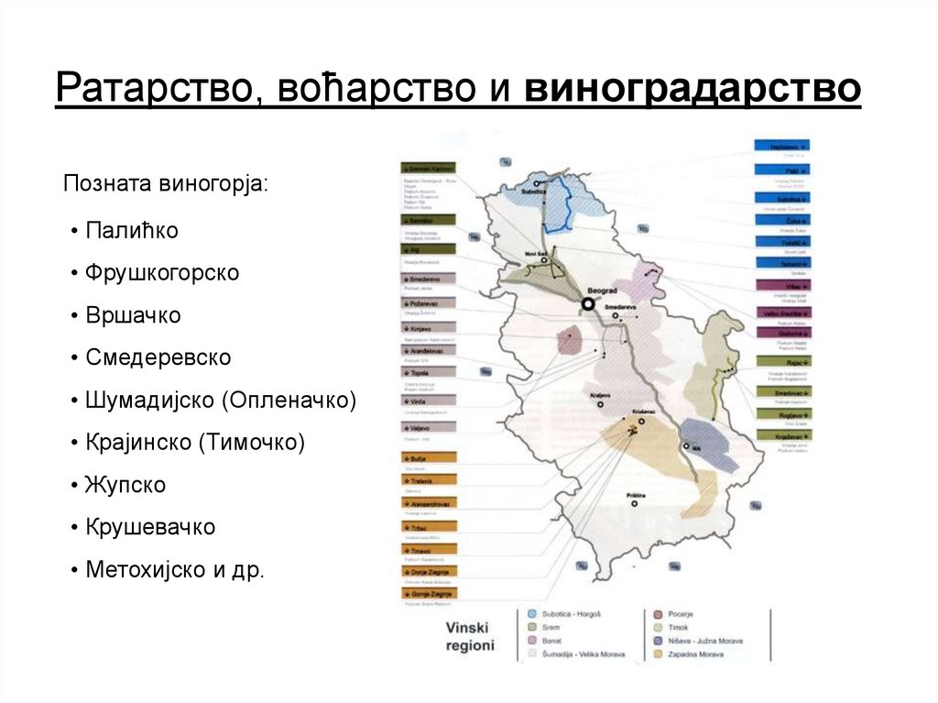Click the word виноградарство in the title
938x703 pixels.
(x=693, y=90)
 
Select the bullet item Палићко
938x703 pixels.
(x=131, y=231)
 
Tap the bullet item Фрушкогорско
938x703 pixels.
(x=162, y=273)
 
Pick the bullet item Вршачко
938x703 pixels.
(x=133, y=315)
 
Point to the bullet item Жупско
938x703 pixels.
(x=125, y=485)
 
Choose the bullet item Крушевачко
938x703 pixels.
(x=150, y=527)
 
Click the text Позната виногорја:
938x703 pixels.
(x=166, y=183)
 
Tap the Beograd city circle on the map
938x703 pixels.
(x=588, y=303)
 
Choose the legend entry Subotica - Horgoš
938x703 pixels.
(x=566, y=613)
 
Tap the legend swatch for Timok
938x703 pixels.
(x=660, y=627)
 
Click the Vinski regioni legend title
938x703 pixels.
(x=469, y=636)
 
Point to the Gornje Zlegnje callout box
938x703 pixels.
(x=427, y=594)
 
